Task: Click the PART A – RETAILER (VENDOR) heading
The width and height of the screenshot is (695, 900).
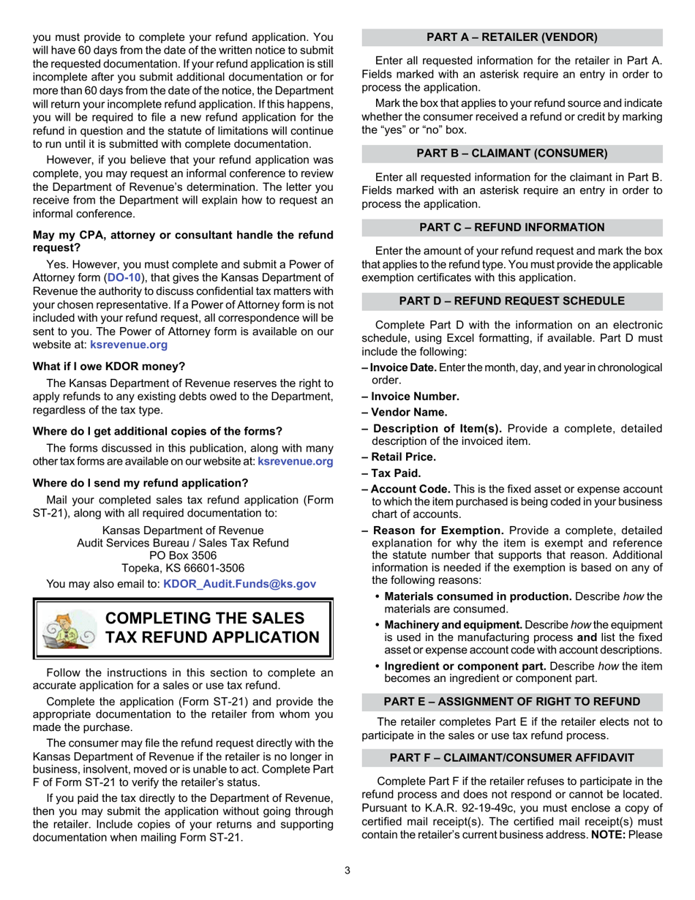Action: coord(512,37)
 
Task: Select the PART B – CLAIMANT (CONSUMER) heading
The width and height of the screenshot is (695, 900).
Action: coord(512,153)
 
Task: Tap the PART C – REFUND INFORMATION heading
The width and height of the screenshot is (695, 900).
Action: coord(512,227)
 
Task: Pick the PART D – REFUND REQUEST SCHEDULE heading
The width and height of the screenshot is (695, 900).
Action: coord(512,301)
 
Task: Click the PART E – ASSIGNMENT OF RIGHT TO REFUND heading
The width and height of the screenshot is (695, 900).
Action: coord(512,701)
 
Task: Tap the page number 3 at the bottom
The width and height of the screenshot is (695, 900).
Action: coord(347,870)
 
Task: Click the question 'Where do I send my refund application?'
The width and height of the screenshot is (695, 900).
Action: coord(140,482)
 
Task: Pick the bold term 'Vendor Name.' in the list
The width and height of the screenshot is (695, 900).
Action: coord(410,412)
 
